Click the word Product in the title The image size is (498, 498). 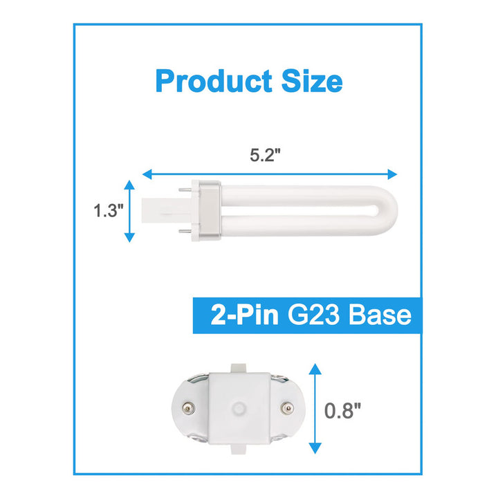click(214, 81)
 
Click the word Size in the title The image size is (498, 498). click(312, 81)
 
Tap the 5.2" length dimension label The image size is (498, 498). click(265, 156)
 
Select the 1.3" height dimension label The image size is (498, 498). click(109, 210)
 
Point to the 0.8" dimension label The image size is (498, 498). click(342, 410)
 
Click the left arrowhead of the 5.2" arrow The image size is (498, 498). click(147, 174)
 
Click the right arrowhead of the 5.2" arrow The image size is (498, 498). click(392, 174)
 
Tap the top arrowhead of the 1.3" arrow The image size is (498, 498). click(129, 185)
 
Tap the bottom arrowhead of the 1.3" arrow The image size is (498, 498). click(129, 237)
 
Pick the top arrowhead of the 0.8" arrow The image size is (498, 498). click(315, 369)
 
